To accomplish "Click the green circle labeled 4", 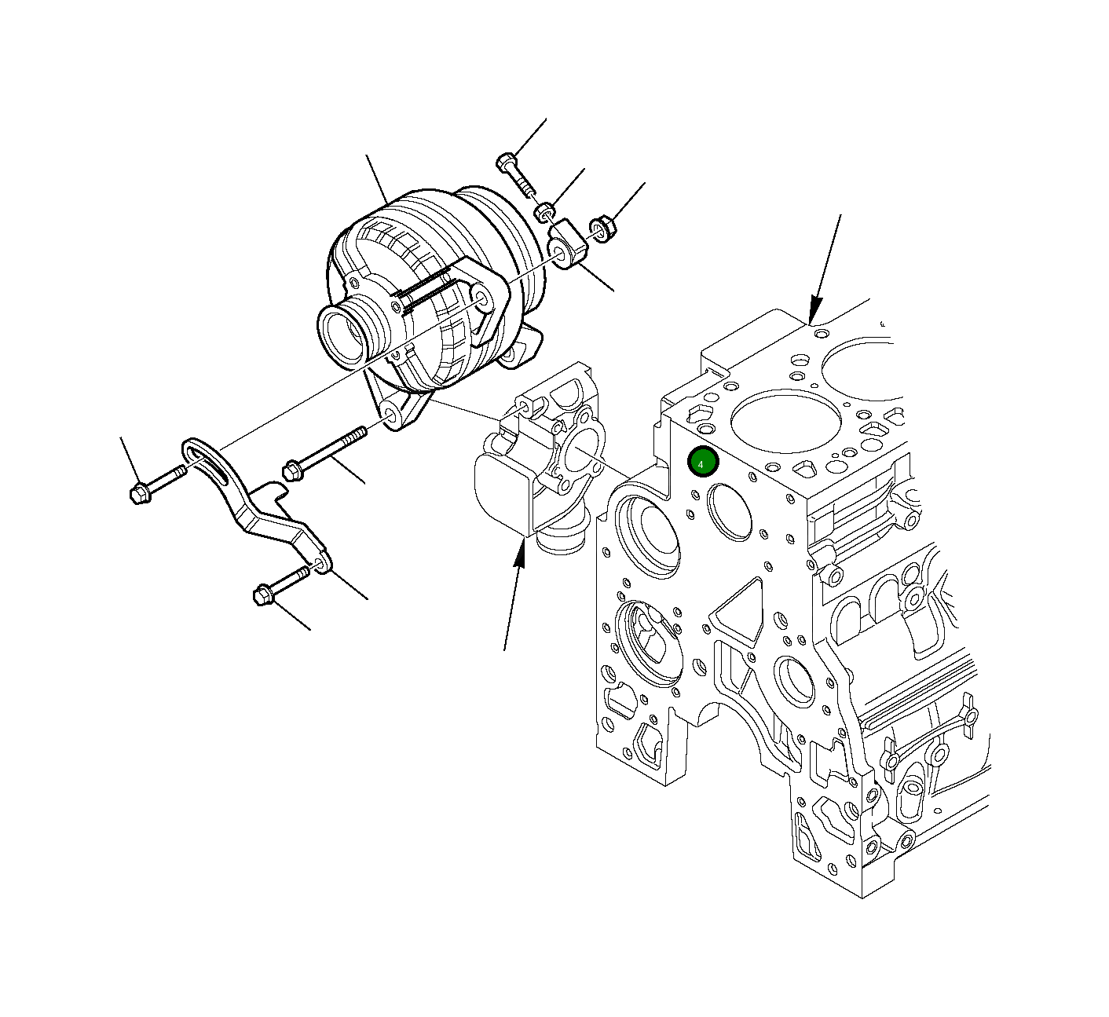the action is point(702,463).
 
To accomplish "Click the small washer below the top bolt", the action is point(544,212).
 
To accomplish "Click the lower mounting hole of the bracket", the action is point(320,563).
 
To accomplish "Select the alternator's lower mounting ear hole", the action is point(390,415).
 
